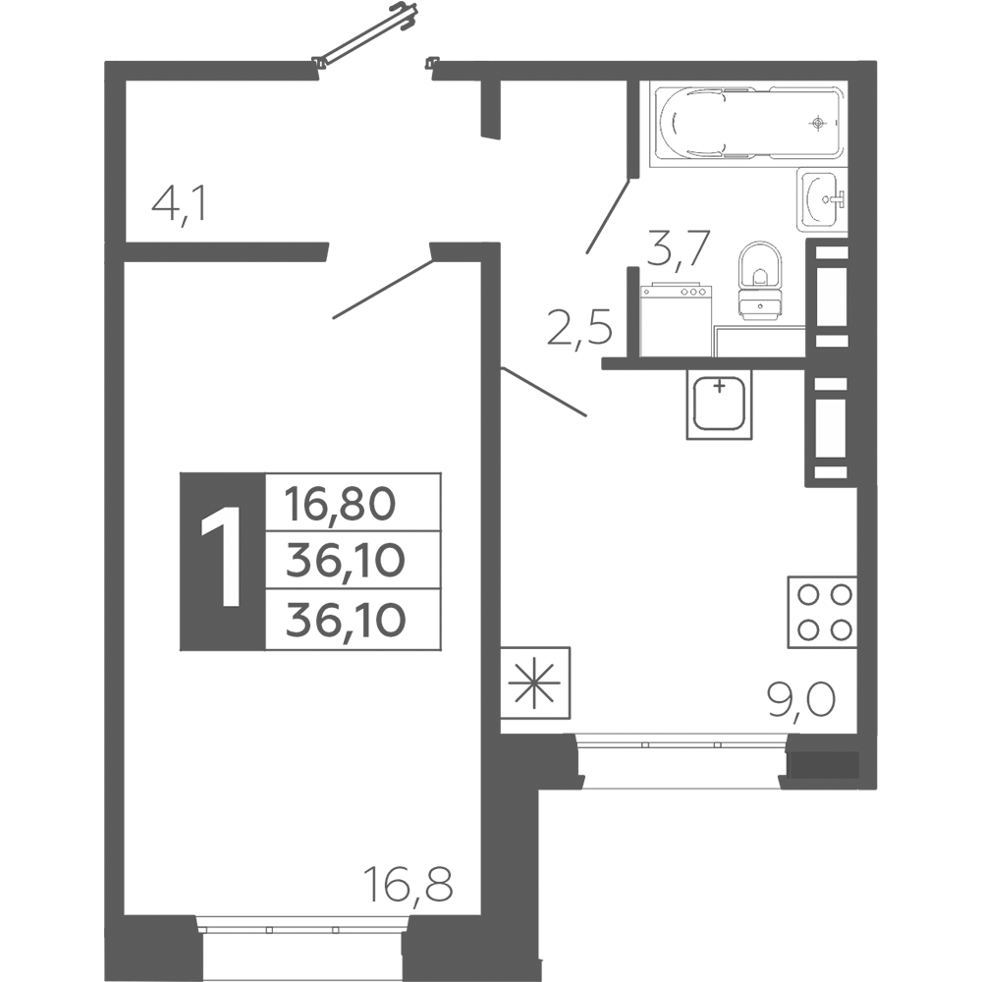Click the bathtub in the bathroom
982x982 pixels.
(748, 124)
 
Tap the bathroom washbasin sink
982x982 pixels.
(822, 199)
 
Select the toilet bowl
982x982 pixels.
(760, 281)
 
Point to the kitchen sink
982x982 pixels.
(719, 404)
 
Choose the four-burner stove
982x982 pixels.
(822, 612)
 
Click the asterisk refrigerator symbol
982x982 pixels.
(535, 682)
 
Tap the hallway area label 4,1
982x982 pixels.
(179, 206)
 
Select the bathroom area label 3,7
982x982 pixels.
(679, 248)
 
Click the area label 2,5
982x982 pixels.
(579, 328)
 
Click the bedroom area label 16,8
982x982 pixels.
(409, 884)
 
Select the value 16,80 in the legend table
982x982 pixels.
(340, 504)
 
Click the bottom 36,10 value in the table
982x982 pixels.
(346, 620)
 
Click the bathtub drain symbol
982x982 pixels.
(818, 123)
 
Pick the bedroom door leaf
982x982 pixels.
(383, 290)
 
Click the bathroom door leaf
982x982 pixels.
(608, 216)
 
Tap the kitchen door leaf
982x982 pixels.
(544, 392)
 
